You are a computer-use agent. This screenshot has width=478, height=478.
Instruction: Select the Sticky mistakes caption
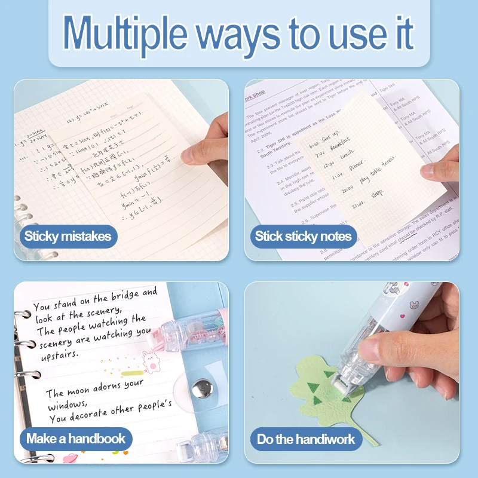(68, 236)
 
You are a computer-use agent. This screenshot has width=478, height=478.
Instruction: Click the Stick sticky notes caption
(303, 236)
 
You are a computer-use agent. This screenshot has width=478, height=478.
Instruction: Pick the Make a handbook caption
(76, 439)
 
